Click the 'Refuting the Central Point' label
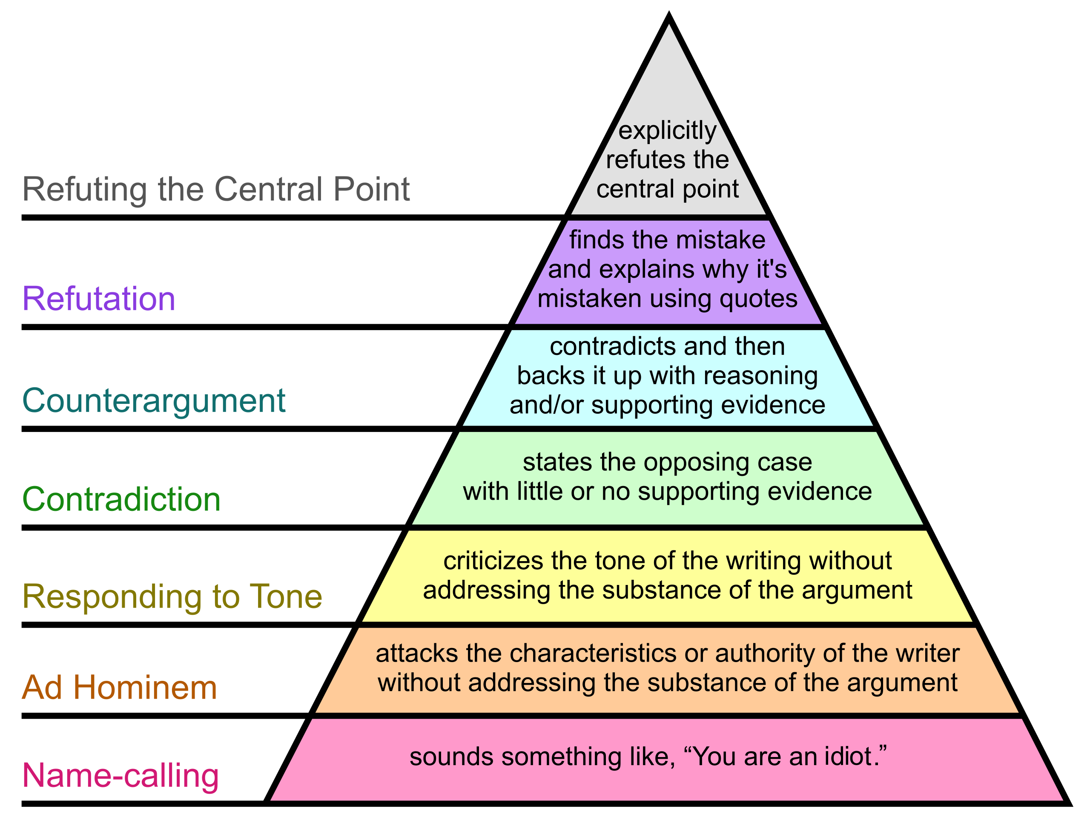(216, 189)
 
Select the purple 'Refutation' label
(98, 299)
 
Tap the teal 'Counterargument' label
(154, 400)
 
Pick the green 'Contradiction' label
(121, 499)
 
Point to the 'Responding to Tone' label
(172, 596)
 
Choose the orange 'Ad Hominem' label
(119, 687)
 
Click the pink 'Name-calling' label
(120, 775)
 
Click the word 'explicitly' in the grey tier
(667, 131)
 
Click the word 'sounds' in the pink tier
(451, 757)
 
